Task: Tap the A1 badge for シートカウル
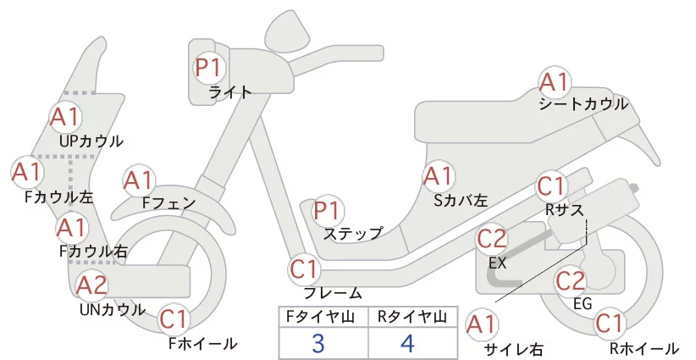555,82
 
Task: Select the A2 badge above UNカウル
92,285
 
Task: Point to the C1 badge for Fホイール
174,320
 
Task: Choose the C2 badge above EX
492,240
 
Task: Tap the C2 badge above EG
571,280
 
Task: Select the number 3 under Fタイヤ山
318,345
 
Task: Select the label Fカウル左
59,197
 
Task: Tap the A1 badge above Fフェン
139,180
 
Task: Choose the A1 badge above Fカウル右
72,227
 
